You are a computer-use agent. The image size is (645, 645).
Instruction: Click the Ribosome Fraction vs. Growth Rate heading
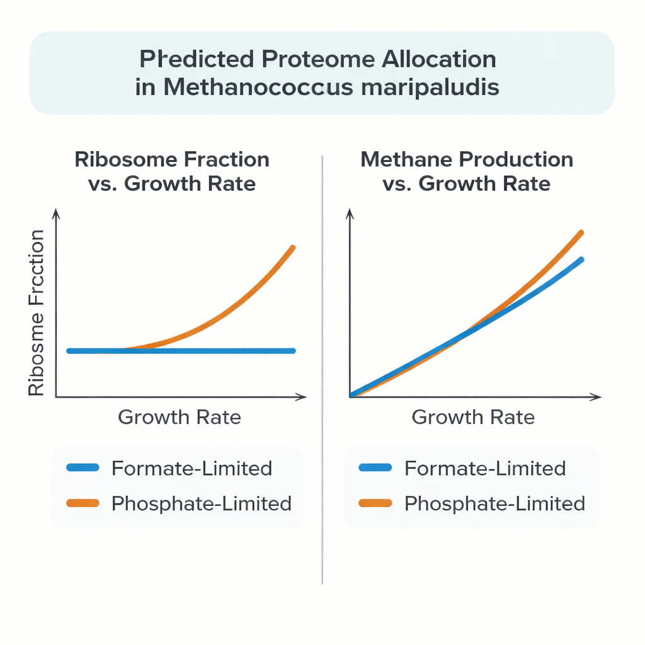[x=172, y=171]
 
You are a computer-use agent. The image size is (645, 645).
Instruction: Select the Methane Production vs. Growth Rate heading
[x=467, y=171]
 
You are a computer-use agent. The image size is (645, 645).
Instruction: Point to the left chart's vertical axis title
[x=37, y=313]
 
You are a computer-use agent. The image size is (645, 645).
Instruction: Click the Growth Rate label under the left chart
[x=180, y=417]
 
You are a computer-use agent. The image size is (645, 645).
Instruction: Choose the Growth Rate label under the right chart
[x=473, y=417]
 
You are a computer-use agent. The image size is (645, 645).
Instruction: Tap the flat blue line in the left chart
[x=208, y=351]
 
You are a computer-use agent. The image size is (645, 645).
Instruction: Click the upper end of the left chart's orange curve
[x=293, y=248]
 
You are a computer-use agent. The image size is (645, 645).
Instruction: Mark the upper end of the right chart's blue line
[x=581, y=259]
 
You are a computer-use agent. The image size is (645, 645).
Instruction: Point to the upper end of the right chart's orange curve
[x=581, y=232]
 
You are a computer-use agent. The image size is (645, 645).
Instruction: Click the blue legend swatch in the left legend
[x=82, y=468]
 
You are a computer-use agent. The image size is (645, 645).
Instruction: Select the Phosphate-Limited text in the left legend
[x=201, y=503]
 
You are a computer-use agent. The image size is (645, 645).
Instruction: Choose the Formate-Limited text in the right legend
[x=485, y=468]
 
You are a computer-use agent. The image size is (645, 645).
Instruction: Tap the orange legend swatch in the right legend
[x=375, y=503]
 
